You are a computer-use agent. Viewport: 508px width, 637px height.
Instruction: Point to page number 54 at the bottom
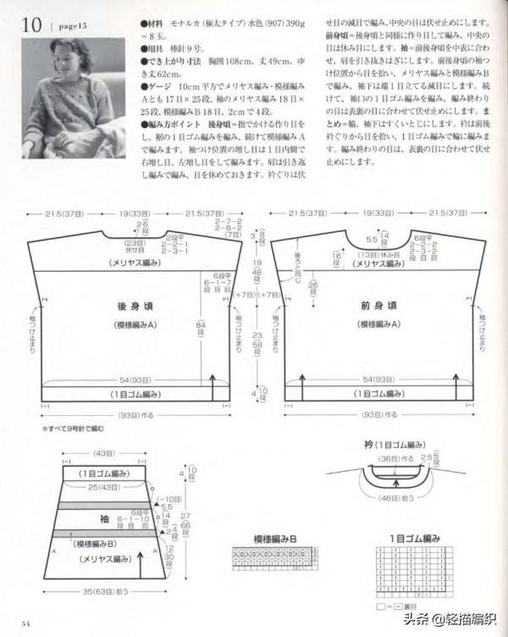click(26, 624)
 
